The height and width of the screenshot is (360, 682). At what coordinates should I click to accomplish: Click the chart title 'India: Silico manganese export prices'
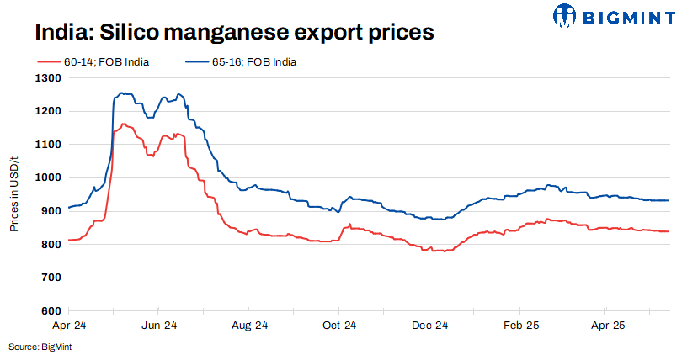234,33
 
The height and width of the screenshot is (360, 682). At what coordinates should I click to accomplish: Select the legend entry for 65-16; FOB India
241,61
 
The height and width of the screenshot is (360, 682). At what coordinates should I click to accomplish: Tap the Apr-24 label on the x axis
69,325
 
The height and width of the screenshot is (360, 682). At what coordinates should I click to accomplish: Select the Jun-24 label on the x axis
159,325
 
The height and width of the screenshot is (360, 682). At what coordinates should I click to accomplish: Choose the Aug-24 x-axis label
250,325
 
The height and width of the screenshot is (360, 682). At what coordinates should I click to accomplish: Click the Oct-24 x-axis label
340,325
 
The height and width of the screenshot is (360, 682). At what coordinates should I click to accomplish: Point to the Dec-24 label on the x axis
430,325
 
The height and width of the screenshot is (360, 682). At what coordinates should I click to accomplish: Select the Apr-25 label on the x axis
607,325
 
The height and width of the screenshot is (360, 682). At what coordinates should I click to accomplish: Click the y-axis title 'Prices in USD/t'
14,193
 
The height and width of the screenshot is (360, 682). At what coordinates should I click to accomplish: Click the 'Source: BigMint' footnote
39,347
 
